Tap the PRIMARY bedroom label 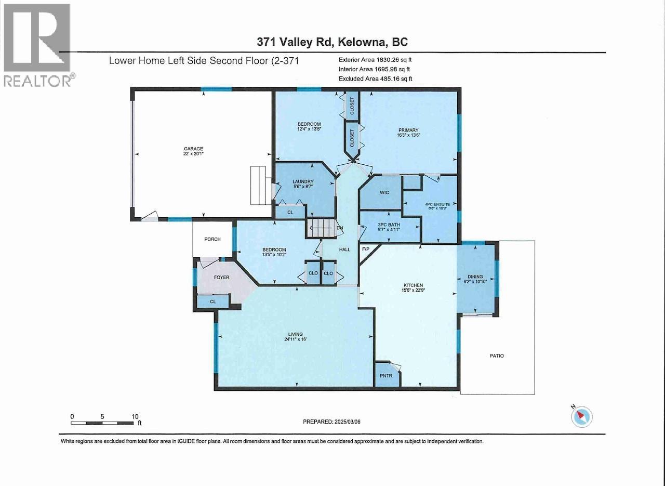(x=409, y=130)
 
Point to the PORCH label (x=212, y=239)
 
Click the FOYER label (x=222, y=277)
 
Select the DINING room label (x=475, y=277)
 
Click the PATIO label (x=496, y=356)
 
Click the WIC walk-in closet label (x=384, y=192)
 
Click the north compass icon (x=581, y=416)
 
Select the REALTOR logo (x=37, y=45)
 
